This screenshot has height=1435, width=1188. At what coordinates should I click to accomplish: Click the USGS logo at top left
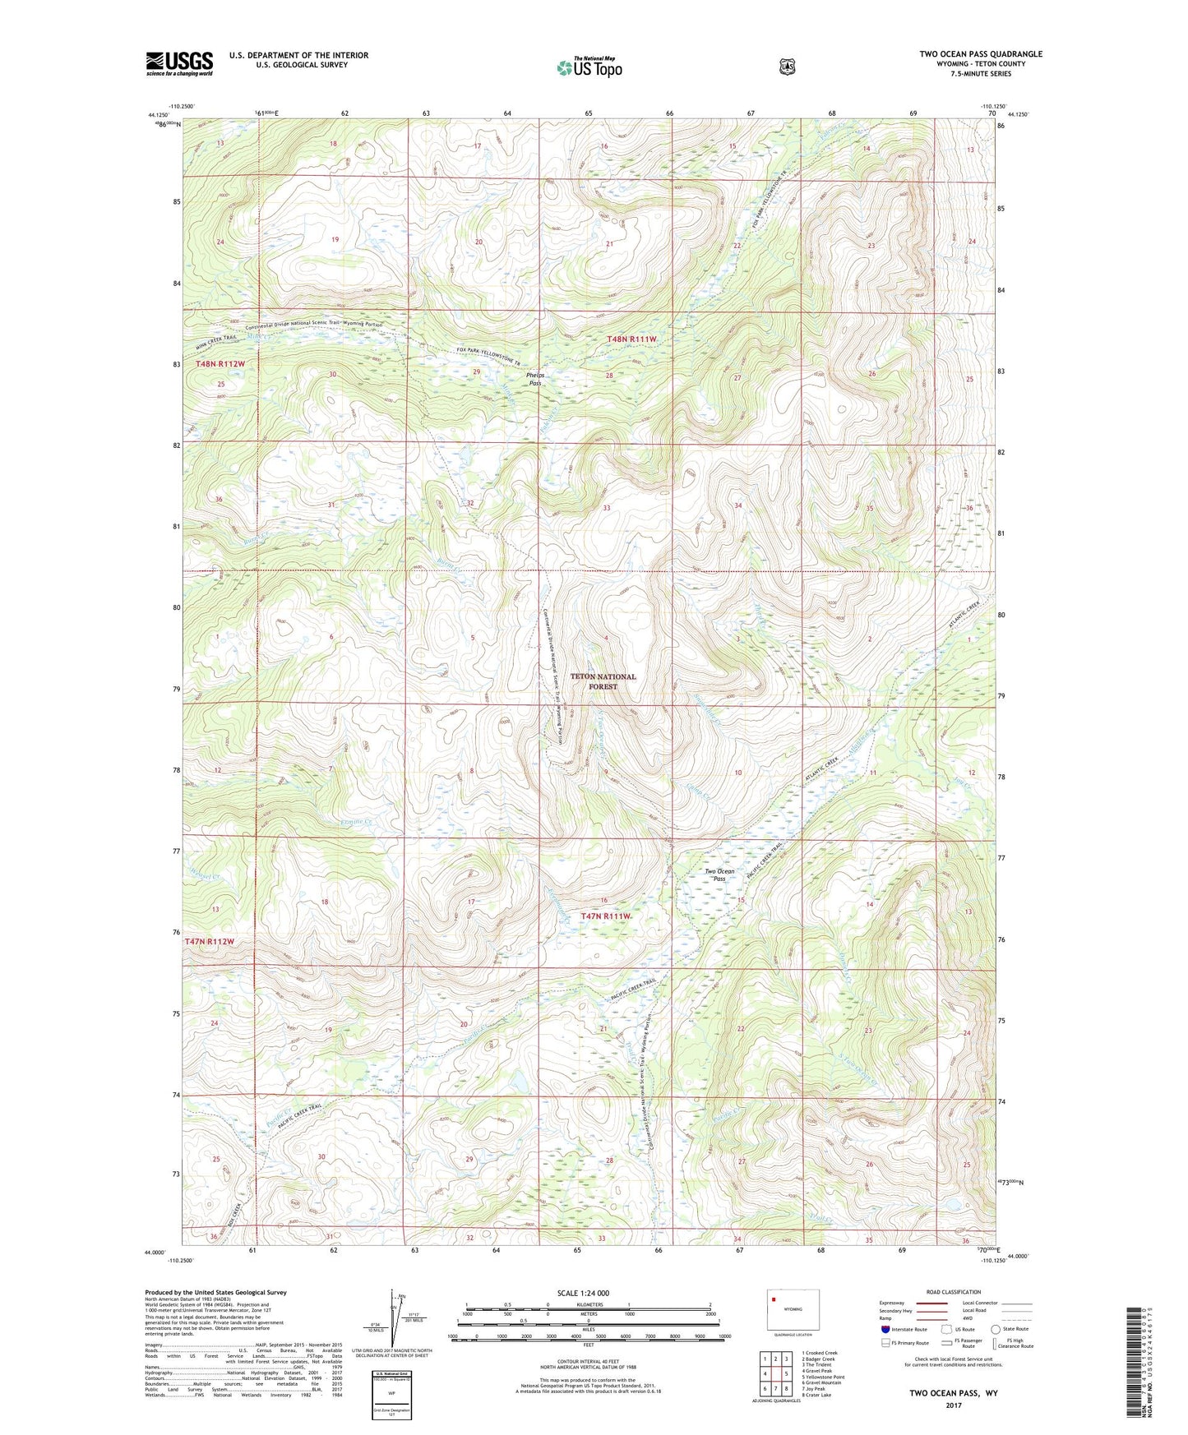[179, 62]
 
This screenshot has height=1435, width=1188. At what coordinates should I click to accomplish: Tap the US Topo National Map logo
[588, 67]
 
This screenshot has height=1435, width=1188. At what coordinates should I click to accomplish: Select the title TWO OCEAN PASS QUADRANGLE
[981, 54]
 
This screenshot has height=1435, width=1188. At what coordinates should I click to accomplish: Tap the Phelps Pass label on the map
[535, 379]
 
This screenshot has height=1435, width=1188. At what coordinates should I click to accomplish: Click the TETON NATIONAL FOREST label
[603, 681]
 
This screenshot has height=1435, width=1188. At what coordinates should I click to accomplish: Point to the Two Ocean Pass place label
[719, 874]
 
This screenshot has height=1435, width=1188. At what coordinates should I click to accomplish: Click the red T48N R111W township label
[631, 339]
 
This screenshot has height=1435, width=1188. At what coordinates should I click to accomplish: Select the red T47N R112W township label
[210, 941]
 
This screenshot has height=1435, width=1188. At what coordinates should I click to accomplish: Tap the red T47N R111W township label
[607, 916]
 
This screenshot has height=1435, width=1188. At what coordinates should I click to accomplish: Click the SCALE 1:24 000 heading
[583, 1293]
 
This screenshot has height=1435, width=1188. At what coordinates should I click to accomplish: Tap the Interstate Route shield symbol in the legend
[885, 1329]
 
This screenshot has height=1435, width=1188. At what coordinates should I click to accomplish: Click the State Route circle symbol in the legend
[996, 1329]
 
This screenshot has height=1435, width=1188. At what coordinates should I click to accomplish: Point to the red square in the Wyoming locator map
[774, 1300]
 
